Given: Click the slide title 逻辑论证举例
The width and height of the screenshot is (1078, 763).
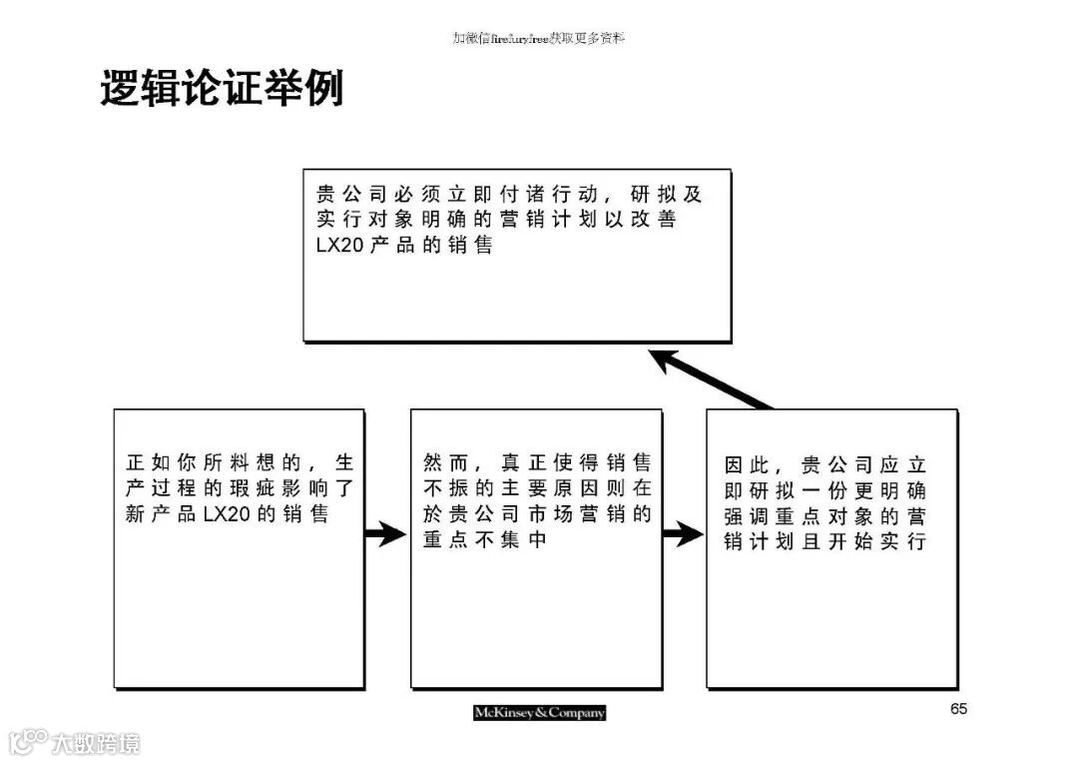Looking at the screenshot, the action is pyautogui.click(x=222, y=89).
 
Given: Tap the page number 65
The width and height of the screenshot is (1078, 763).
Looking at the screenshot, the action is pyautogui.click(x=958, y=709).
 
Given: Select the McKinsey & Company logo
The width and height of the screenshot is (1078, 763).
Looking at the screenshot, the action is pyautogui.click(x=539, y=712).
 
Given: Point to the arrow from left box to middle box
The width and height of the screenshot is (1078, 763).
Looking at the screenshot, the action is pyautogui.click(x=384, y=534).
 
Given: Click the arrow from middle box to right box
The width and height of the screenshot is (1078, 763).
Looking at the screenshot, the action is pyautogui.click(x=683, y=534).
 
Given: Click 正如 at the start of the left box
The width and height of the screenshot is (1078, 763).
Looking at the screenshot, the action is pyautogui.click(x=149, y=462).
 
